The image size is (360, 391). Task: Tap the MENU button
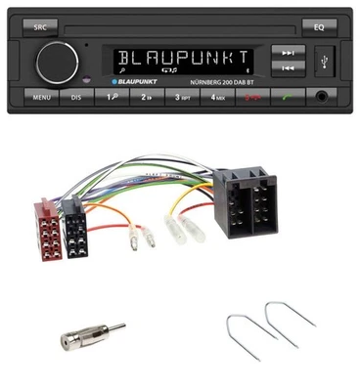point(41,98)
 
